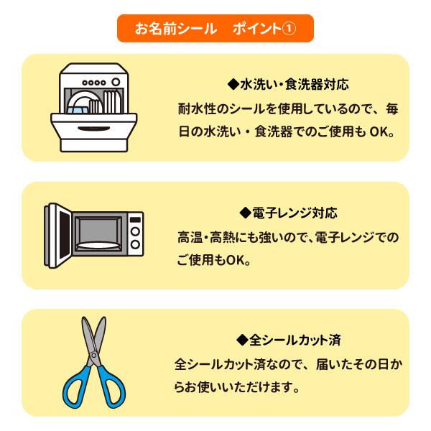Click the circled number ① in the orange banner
[x=287, y=29]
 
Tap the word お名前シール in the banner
[x=176, y=29]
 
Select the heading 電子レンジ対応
[x=295, y=213]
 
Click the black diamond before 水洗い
[x=232, y=84]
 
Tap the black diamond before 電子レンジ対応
[x=244, y=213]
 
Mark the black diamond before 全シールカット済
[x=241, y=338]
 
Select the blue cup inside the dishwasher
[x=77, y=107]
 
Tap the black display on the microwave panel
[x=135, y=217]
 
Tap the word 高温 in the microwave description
[x=188, y=237]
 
